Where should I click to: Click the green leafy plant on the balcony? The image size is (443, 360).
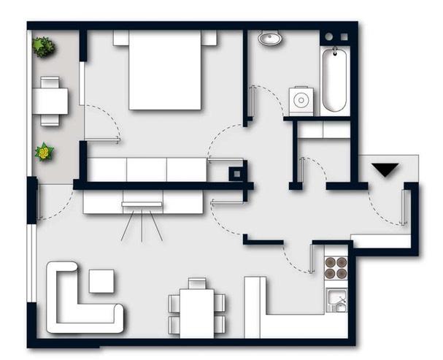click(44, 47)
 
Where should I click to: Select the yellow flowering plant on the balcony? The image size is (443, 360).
click(45, 153)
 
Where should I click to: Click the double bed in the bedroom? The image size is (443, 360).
click(166, 71)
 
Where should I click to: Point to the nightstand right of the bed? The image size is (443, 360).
click(210, 38)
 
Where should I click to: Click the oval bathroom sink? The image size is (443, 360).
click(271, 39)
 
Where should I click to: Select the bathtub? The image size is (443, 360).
click(336, 80)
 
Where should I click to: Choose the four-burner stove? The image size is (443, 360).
click(336, 269)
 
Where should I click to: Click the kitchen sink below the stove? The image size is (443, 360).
click(336, 300)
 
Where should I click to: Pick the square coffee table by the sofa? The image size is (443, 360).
click(101, 280)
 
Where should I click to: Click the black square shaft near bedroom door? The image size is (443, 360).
click(235, 175)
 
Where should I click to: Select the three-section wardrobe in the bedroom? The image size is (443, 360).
click(147, 169)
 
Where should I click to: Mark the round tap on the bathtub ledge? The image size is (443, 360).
click(328, 37)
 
